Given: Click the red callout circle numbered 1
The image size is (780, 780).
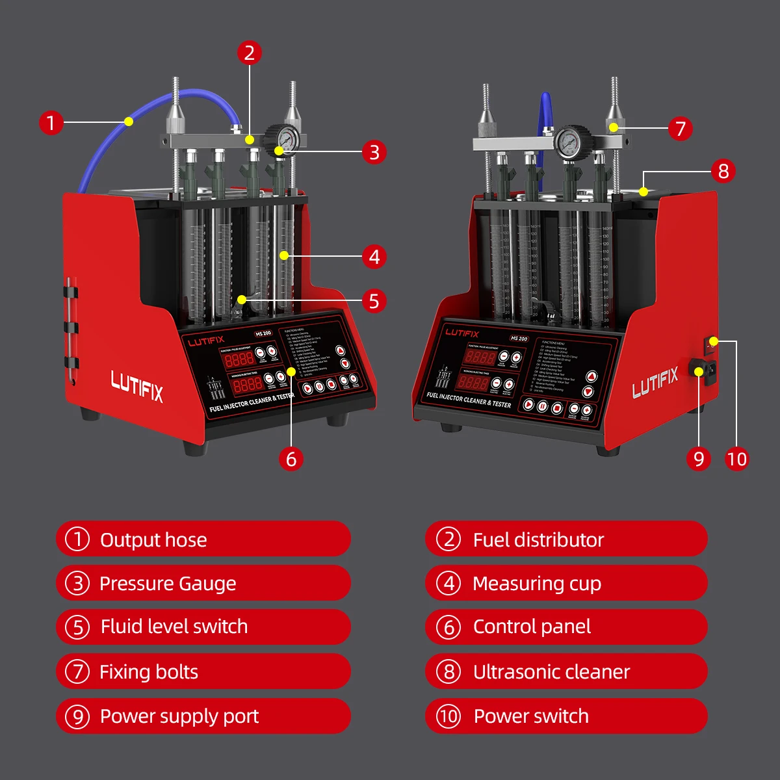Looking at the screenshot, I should [51, 122].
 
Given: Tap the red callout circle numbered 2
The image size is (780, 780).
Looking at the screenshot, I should [250, 53].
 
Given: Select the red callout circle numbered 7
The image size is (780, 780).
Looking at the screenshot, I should [680, 128].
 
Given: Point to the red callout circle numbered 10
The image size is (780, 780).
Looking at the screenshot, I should [736, 459].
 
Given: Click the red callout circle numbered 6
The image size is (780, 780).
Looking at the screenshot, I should [291, 459].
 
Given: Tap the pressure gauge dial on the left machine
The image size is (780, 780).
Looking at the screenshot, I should [286, 137].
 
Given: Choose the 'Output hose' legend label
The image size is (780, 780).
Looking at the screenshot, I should [153, 539].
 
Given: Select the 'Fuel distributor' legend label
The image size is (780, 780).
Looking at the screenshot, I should [538, 539].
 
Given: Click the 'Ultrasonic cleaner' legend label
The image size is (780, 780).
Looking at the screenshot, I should [551, 671].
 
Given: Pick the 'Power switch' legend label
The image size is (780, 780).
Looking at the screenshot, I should [531, 716].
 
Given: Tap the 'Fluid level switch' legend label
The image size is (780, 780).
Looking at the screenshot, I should [174, 627].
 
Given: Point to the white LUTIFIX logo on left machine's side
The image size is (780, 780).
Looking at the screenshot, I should [137, 387].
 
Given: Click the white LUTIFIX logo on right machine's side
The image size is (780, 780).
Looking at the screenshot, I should [655, 382].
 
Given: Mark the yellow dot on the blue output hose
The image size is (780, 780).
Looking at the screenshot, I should [129, 122].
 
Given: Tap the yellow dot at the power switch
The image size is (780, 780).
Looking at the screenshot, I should [714, 341].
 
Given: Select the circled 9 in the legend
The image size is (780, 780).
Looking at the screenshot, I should [77, 716].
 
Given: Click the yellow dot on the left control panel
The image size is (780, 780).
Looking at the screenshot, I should [291, 372].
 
